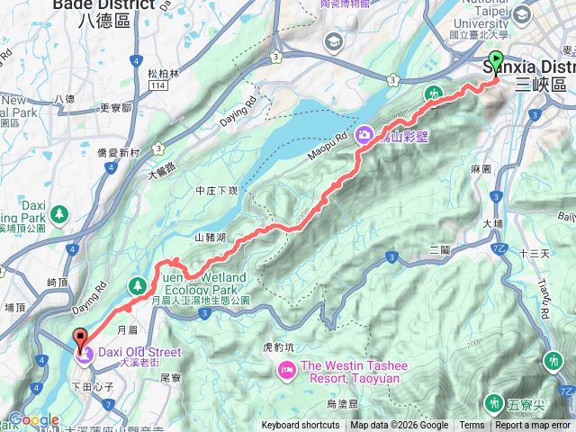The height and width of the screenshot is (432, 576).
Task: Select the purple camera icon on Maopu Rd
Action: [x=365, y=135]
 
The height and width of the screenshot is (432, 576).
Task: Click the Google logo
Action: [x=33, y=420]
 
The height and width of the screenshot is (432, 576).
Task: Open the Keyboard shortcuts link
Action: [x=301, y=426]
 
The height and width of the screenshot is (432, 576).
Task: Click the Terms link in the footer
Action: [x=472, y=426]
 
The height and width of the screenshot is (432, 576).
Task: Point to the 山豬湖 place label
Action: [x=211, y=238]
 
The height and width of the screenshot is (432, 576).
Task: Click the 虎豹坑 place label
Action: [x=277, y=344]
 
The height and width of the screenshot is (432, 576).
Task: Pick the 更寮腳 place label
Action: [x=116, y=107]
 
